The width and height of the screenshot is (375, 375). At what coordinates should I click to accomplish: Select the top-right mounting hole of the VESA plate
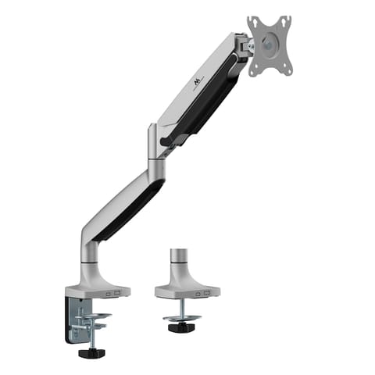[x=287, y=19]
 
